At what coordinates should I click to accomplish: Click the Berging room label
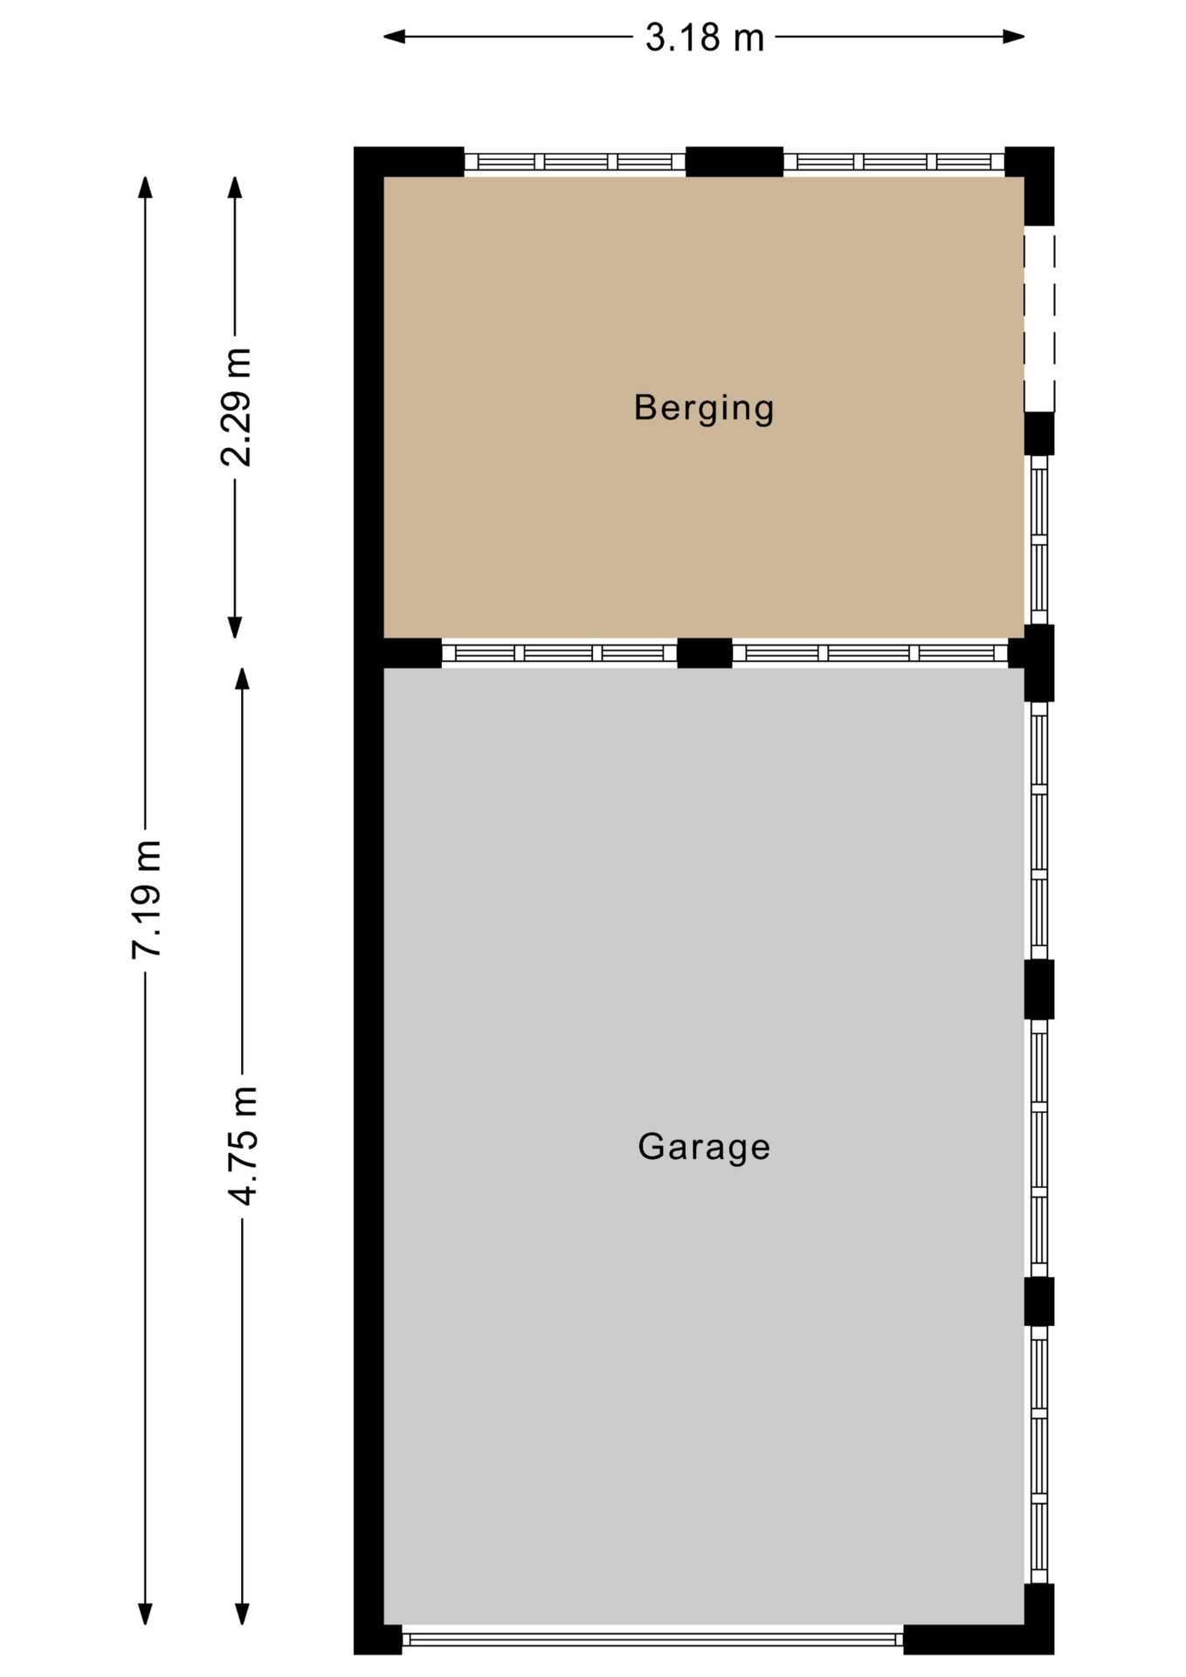pyautogui.click(x=704, y=408)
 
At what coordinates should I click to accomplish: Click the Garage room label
pyautogui.click(x=704, y=1147)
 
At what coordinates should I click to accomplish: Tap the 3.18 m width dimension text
pyautogui.click(x=704, y=38)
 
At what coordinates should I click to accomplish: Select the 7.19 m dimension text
pyautogui.click(x=146, y=899)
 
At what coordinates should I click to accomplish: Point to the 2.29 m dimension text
pyautogui.click(x=236, y=407)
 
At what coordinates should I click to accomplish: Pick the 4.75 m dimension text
pyautogui.click(x=243, y=1146)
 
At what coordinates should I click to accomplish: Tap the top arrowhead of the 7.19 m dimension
pyautogui.click(x=146, y=188)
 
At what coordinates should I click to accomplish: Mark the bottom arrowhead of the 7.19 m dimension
pyautogui.click(x=146, y=1614)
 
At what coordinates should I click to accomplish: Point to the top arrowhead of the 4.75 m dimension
pyautogui.click(x=243, y=680)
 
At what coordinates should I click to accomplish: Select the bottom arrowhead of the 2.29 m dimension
pyautogui.click(x=235, y=627)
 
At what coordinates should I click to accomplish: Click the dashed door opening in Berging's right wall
pyautogui.click(x=1039, y=319)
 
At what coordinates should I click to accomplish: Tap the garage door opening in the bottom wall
pyautogui.click(x=652, y=1640)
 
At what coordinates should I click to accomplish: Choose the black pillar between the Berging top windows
pyautogui.click(x=734, y=162)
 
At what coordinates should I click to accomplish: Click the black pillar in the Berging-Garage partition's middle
pyautogui.click(x=705, y=653)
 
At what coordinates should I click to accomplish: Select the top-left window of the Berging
pyautogui.click(x=575, y=162)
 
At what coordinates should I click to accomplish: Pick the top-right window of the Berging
pyautogui.click(x=894, y=162)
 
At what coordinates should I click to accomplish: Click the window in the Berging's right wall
pyautogui.click(x=1039, y=540)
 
